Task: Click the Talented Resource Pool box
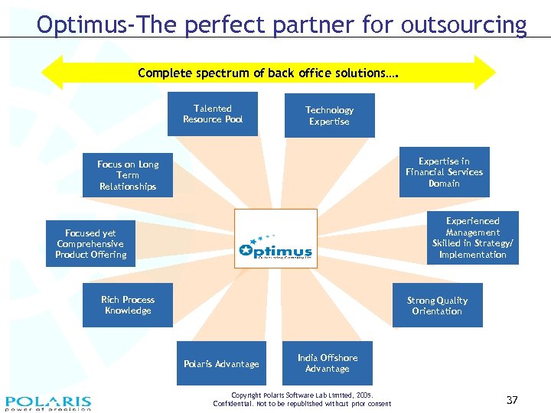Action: (213, 114)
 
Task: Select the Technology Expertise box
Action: (329, 115)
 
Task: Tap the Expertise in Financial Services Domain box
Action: (444, 172)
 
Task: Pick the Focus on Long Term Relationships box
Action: (128, 175)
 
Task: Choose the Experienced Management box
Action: (472, 238)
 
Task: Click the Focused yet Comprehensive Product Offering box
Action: (90, 244)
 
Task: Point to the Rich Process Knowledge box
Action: (128, 305)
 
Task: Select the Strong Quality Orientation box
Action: (437, 305)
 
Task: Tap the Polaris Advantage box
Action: (221, 364)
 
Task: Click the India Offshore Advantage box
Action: (328, 363)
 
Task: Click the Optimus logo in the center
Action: (275, 239)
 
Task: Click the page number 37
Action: (512, 400)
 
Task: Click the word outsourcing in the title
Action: (469, 25)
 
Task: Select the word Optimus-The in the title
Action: (97, 25)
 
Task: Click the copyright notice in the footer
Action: (302, 399)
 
